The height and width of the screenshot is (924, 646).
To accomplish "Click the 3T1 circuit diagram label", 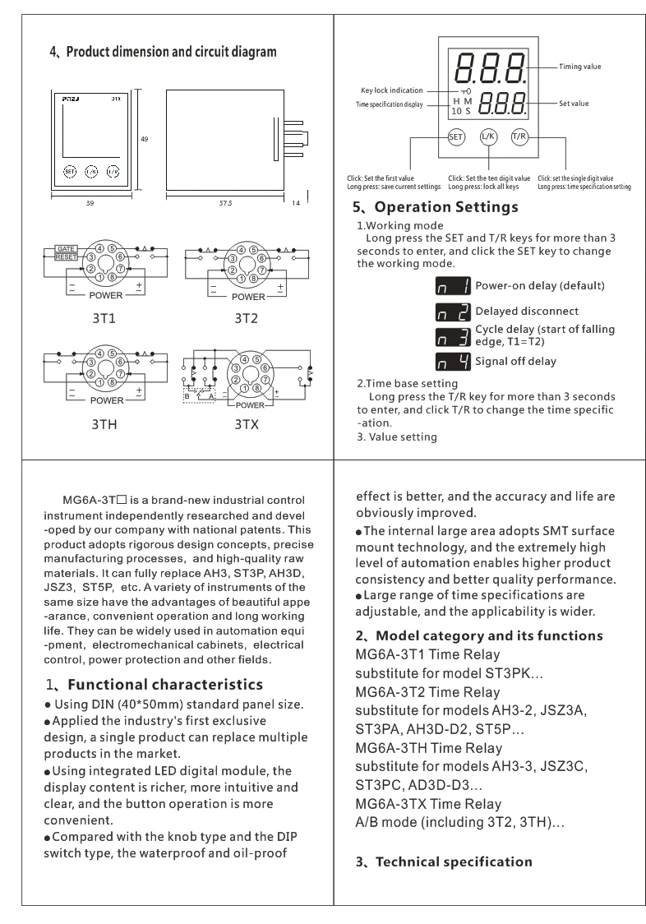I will tap(106, 317).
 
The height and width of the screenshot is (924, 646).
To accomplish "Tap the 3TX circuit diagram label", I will tap(247, 424).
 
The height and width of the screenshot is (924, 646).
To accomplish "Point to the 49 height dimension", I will tap(145, 140).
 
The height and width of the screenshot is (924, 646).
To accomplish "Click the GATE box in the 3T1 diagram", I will tap(67, 248).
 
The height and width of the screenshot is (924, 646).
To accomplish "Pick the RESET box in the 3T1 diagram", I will tap(67, 257).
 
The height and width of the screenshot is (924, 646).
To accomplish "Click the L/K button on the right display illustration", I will tap(488, 137).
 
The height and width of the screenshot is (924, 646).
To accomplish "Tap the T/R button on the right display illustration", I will tap(519, 136).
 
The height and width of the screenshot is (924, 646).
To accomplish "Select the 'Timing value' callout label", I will tap(580, 67).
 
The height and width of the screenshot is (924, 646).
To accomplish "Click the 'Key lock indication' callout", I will tap(392, 90).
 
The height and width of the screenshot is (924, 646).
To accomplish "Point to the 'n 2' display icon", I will tap(453, 312).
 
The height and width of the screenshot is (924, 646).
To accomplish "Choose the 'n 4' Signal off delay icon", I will tap(453, 362).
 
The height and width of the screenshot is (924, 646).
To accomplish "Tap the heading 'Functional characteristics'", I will tap(164, 685).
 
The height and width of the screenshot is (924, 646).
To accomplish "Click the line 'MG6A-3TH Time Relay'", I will tap(428, 748).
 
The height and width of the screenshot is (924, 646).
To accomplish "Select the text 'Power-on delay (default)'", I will tap(539, 286).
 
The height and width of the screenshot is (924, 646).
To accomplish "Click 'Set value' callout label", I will tap(574, 104).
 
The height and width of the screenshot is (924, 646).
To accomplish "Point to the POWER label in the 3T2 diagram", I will tap(248, 297).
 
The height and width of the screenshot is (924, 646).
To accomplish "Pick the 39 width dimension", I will tap(90, 203).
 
